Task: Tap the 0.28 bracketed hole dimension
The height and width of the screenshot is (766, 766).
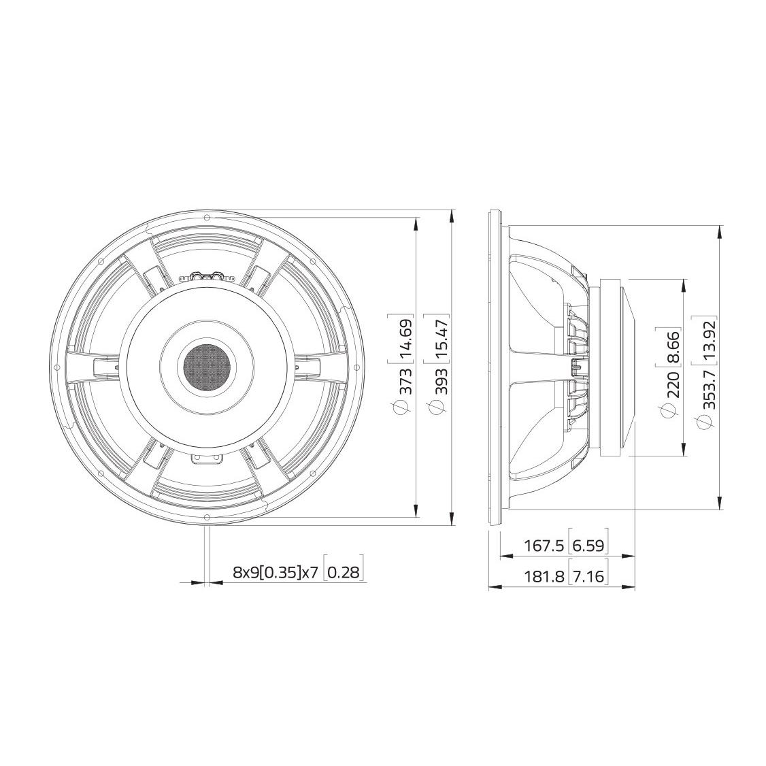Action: coord(343,572)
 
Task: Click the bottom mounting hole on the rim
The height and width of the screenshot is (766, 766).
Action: coord(205,518)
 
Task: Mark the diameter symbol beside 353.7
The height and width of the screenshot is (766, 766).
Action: coord(707,424)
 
